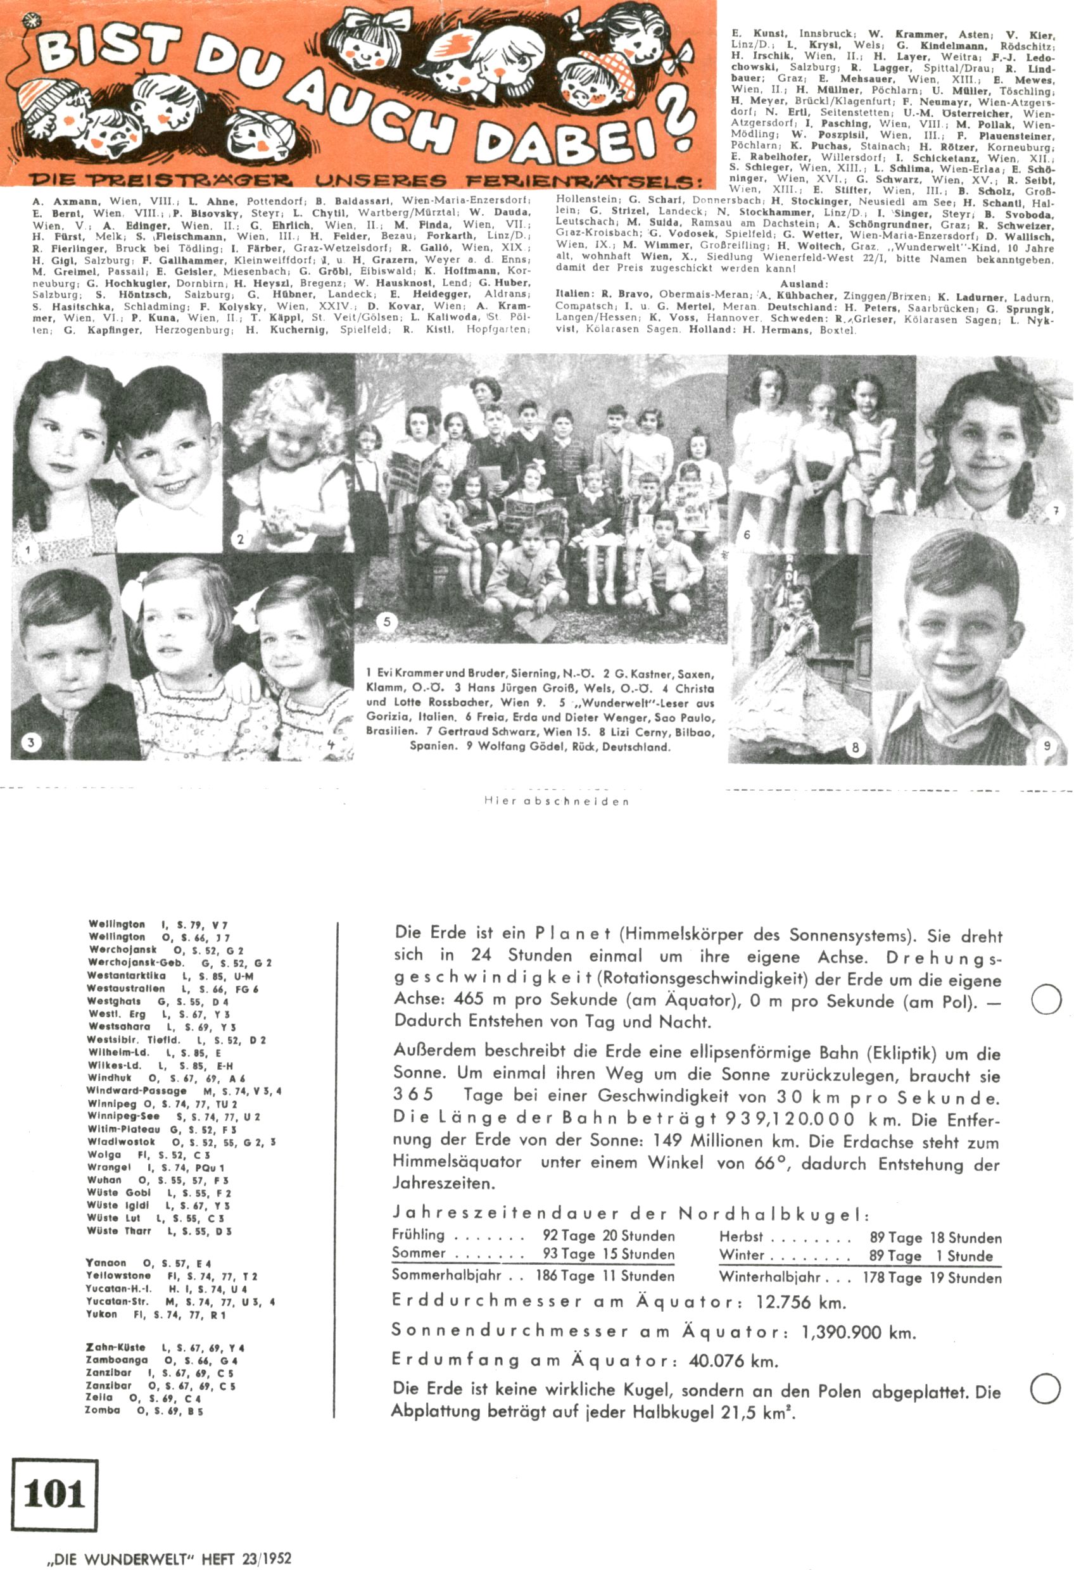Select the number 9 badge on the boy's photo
tap(1047, 745)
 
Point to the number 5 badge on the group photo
tap(387, 622)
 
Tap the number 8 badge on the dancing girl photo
tap(856, 748)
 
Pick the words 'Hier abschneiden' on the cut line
tap(556, 801)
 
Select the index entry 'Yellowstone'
tap(118, 1276)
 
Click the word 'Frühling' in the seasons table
tap(419, 1235)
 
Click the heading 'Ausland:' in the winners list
tap(804, 284)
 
